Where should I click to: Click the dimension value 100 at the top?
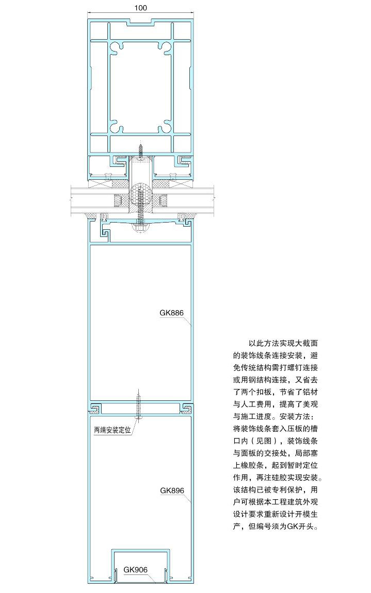[x=140, y=8]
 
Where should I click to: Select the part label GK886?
[x=171, y=313]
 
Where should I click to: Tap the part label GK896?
[x=172, y=490]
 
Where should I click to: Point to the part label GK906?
[x=135, y=570]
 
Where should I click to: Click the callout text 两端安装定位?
[x=112, y=430]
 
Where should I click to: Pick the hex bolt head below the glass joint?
[x=140, y=228]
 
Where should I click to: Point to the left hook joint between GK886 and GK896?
[x=95, y=408]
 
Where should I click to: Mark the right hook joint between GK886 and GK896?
[x=186, y=408]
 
